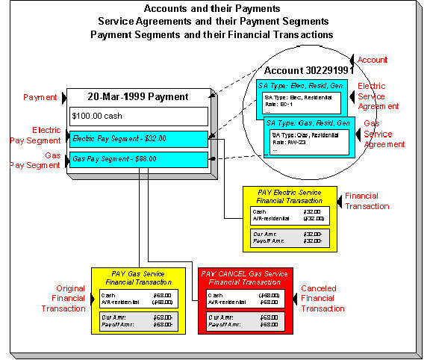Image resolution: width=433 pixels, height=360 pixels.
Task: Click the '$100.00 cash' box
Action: click(x=139, y=116)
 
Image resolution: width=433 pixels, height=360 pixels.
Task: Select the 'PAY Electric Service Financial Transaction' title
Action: click(x=287, y=196)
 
